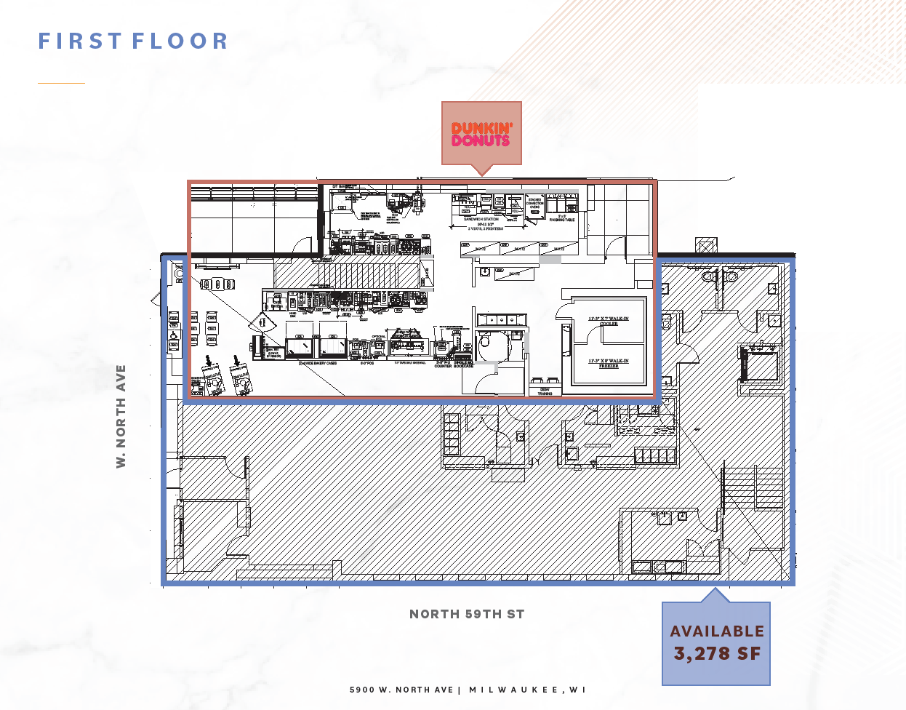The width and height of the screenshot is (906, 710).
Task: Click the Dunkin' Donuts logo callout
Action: pos(481,134)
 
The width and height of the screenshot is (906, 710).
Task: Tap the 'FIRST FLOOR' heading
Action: pos(134,41)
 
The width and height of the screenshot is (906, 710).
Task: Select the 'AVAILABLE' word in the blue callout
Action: pos(717,631)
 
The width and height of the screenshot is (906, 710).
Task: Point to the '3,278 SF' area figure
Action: pos(717,654)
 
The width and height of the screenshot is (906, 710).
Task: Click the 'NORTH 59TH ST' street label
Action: pos(467,614)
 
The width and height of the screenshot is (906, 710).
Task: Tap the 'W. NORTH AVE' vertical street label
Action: pos(121,416)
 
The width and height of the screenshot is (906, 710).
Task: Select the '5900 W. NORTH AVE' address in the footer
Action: pos(401,690)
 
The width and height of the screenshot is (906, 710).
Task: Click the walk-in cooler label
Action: pos(609,321)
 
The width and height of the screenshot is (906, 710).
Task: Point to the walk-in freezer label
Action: pos(609,363)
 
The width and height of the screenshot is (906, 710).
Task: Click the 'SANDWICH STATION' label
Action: pos(481,219)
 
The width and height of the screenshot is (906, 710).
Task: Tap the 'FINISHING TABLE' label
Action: pos(562,218)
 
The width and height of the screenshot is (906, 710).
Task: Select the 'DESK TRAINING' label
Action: pos(545,391)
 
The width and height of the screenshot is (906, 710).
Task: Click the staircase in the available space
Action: pos(753,487)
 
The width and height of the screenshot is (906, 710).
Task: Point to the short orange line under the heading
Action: pos(61,83)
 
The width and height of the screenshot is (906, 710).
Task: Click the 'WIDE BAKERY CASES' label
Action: pos(318,363)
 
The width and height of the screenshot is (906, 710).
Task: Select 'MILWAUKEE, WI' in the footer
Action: pos(527,690)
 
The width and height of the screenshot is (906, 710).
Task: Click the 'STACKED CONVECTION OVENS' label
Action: pos(534,203)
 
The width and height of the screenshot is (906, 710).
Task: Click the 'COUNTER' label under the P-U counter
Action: pos(443,366)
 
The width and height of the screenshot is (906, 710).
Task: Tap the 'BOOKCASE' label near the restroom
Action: pos(464,366)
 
